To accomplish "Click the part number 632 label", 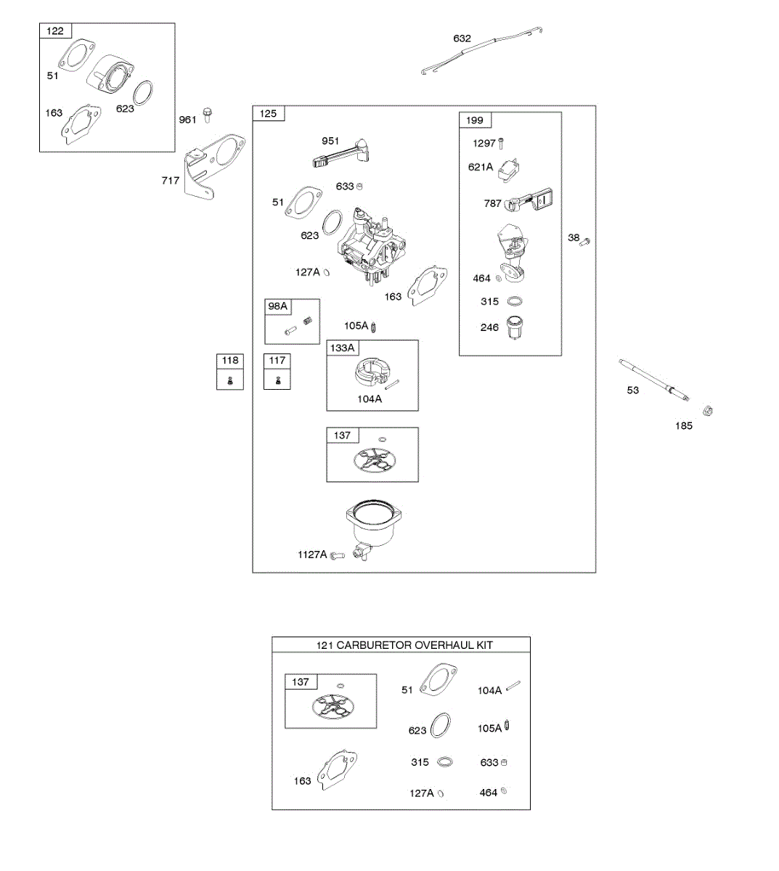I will [462, 38].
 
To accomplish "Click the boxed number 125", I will [268, 113].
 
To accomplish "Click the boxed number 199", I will [475, 120].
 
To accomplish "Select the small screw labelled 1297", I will [500, 144].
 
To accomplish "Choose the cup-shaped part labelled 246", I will [515, 328].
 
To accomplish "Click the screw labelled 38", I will [586, 240].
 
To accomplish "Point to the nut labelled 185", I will [709, 411].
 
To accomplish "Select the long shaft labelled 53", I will [657, 379].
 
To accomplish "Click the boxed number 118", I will [230, 360].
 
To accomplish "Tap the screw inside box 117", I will [277, 380].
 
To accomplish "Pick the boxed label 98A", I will [278, 306].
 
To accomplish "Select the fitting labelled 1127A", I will [336, 556].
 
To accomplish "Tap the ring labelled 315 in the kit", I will [445, 762].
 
